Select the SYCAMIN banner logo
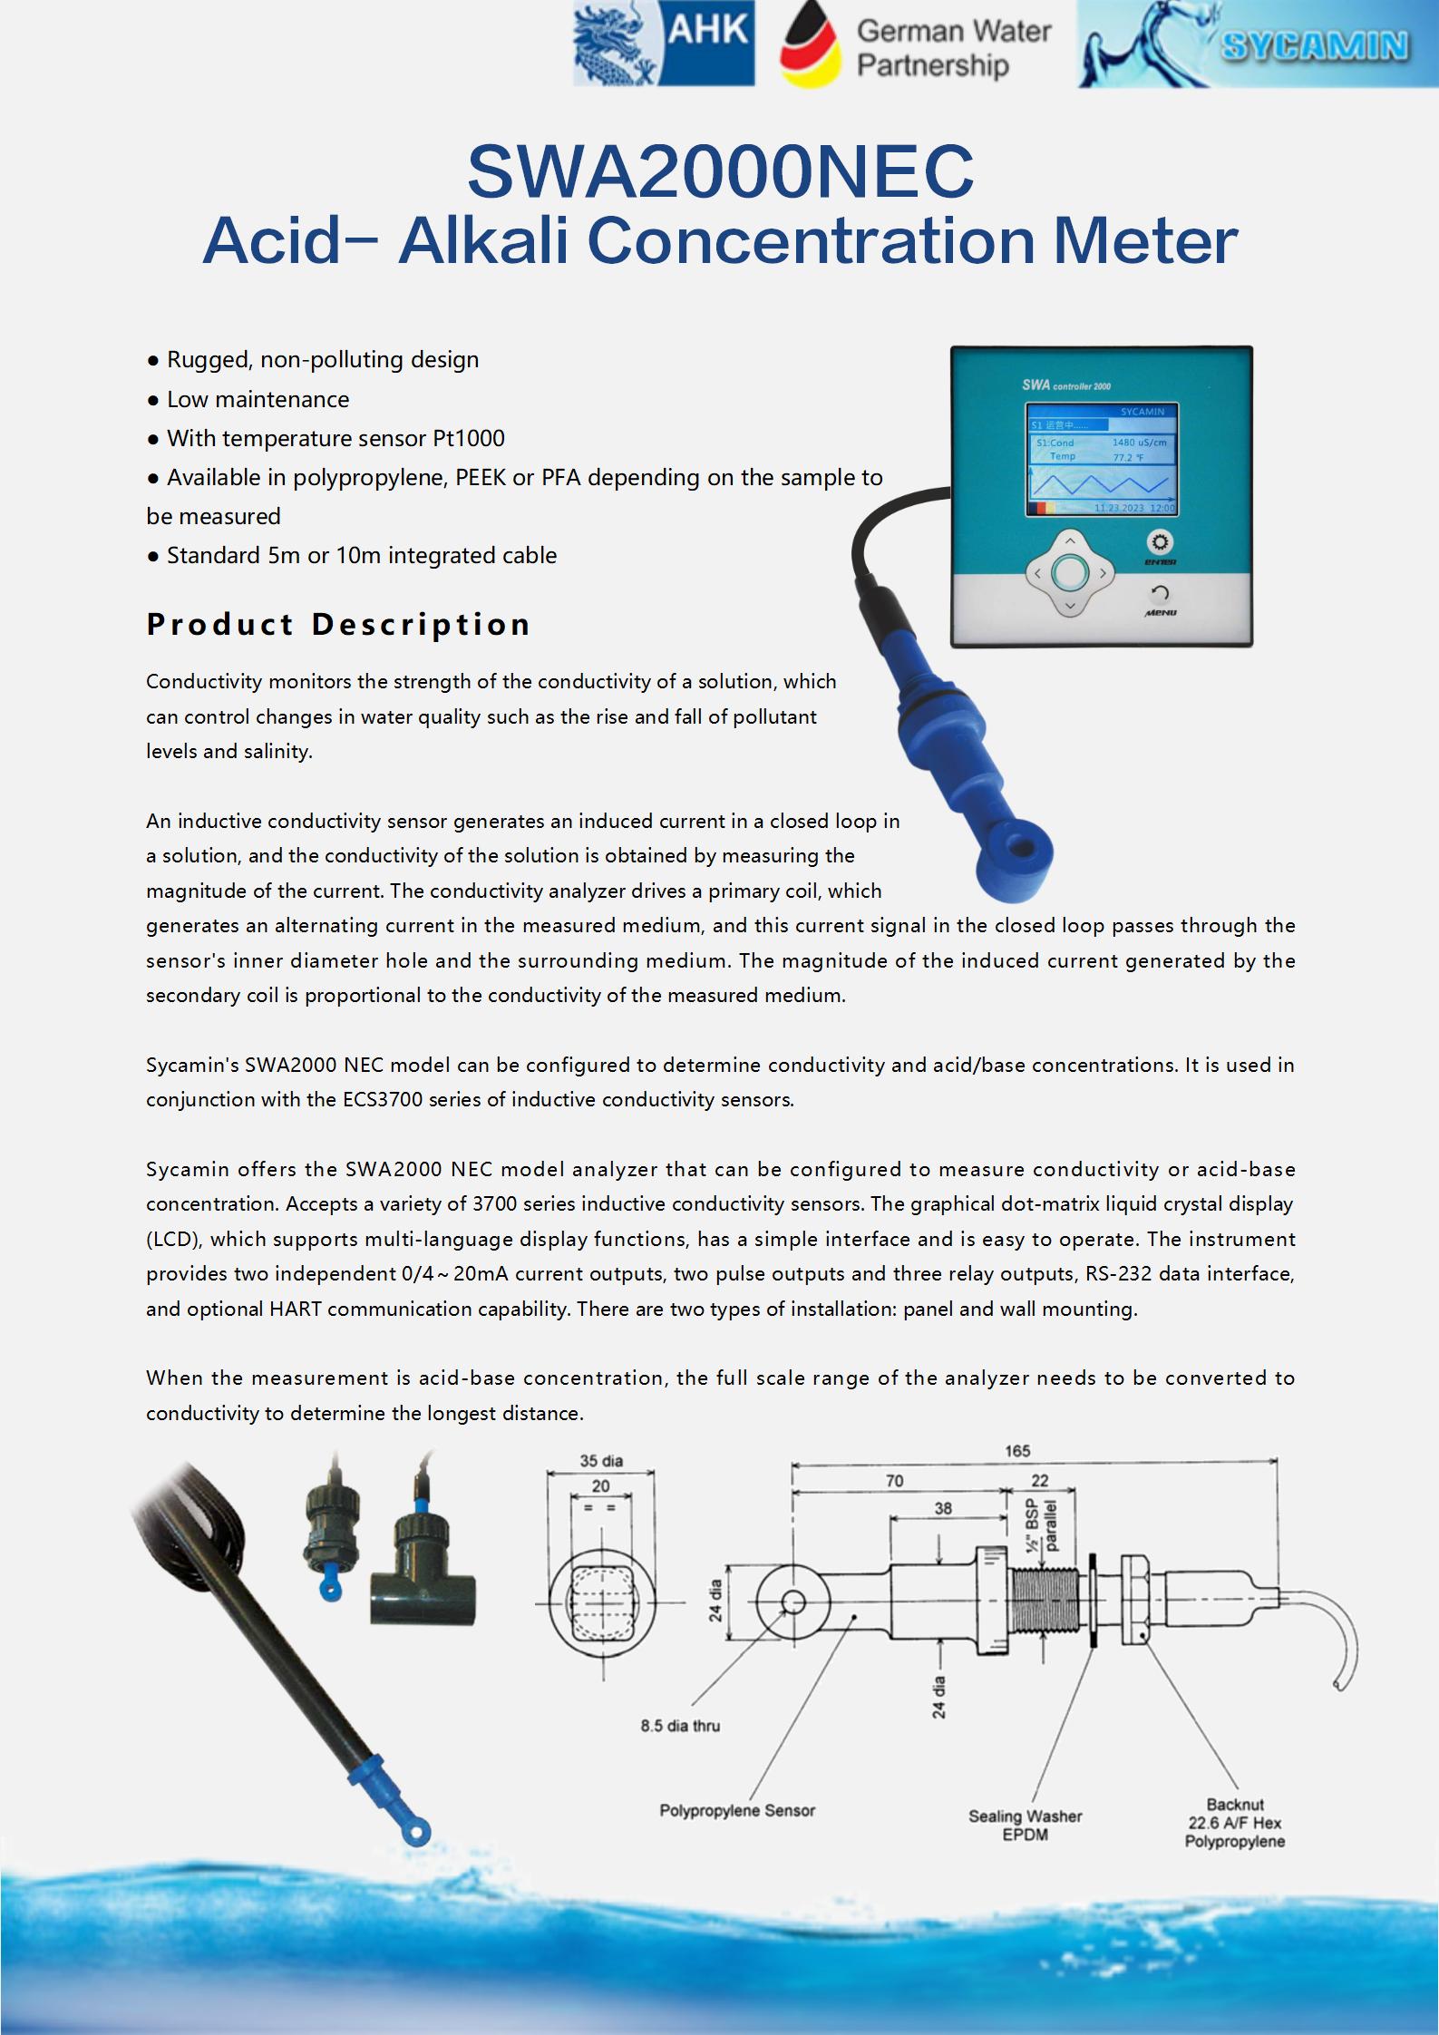click(x=1257, y=45)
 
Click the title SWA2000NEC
click(x=720, y=171)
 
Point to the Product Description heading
click(x=338, y=624)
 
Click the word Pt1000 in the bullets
click(x=468, y=438)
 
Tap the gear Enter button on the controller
click(x=1160, y=543)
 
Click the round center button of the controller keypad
click(x=1070, y=572)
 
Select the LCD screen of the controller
click(x=1102, y=461)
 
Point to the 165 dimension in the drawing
click(x=1016, y=1452)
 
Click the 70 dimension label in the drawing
click(x=894, y=1481)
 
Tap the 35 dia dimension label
click(x=601, y=1461)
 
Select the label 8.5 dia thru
click(x=680, y=1726)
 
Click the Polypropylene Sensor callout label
click(x=737, y=1811)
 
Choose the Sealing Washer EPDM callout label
click(x=1025, y=1825)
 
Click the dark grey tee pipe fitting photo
click(x=423, y=1598)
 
